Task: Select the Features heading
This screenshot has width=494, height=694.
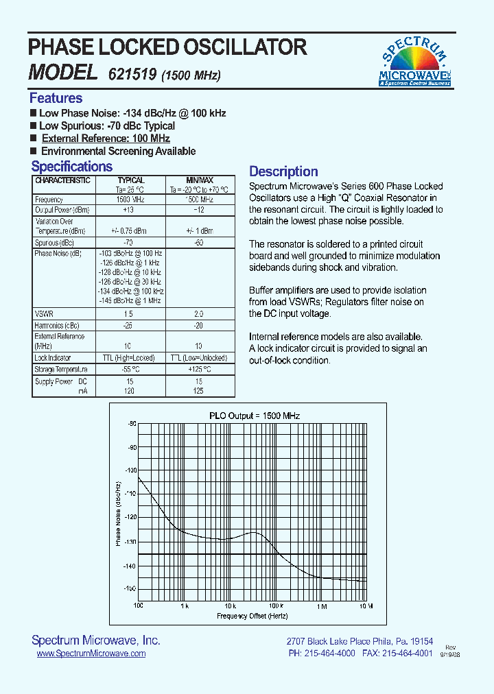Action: tap(56, 98)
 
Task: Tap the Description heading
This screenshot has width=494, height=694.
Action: tap(283, 171)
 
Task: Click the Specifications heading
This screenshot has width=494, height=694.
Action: tap(71, 167)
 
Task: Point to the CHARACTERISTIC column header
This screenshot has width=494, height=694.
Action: tap(62, 180)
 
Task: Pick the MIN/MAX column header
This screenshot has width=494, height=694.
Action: tap(200, 180)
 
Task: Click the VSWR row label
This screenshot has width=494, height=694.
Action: tap(44, 313)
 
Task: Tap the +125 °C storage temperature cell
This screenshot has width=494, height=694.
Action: tap(200, 369)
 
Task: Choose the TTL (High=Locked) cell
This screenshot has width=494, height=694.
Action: tap(131, 358)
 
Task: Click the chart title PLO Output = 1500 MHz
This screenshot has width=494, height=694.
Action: tap(255, 416)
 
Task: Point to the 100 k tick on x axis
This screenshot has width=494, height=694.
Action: tap(276, 606)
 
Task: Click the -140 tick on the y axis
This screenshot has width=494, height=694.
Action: tap(129, 566)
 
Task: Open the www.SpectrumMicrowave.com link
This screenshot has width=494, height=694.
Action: tap(91, 654)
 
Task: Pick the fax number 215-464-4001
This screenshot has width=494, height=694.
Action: tap(408, 654)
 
